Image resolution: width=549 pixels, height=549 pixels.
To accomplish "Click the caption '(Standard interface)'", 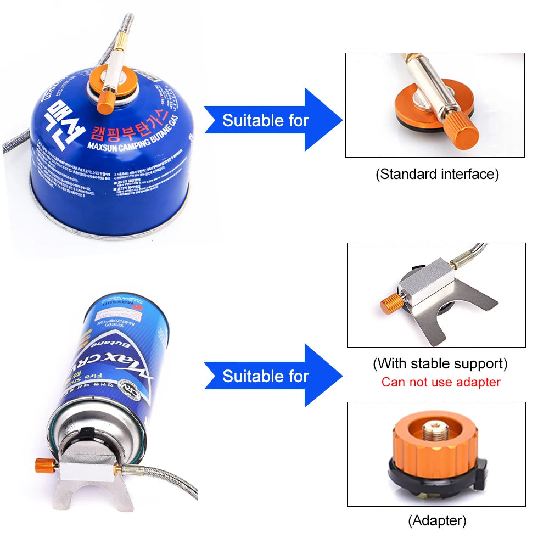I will tap(437, 175).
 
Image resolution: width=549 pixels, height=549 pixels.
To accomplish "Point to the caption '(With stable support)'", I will tap(440, 363).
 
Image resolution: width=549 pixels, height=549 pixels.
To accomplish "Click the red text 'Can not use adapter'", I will tap(441, 382).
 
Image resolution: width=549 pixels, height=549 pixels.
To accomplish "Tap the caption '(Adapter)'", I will tap(437, 520).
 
